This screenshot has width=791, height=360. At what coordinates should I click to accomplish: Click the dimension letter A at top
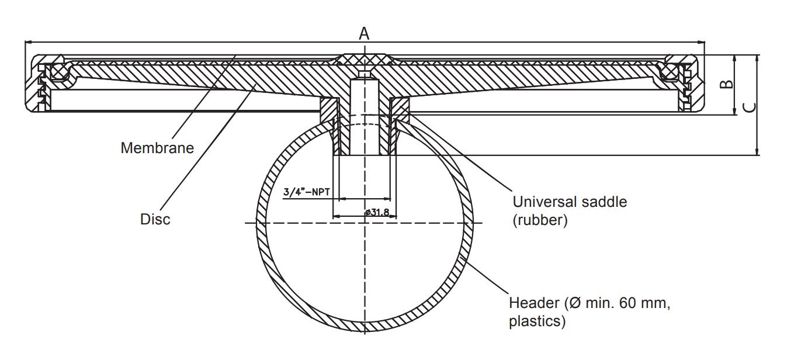364,34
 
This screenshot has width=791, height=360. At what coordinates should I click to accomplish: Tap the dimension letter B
726,84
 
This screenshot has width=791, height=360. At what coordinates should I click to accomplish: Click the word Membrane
157,148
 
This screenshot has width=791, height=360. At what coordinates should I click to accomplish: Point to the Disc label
155,219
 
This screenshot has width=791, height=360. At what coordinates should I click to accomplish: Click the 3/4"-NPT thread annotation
307,192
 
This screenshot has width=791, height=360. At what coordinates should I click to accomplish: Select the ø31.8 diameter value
377,212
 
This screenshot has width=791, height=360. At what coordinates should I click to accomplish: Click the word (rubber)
540,220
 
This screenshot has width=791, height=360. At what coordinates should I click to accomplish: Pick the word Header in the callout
535,303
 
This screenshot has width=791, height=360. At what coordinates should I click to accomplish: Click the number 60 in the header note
628,303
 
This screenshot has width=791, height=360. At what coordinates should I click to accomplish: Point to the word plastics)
537,321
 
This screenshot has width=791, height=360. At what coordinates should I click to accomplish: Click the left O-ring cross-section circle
60,72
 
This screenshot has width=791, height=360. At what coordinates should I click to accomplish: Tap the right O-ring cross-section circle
668,72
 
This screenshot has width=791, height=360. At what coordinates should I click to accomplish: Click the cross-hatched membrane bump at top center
364,59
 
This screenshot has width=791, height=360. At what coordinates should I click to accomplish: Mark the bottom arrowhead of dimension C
757,151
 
